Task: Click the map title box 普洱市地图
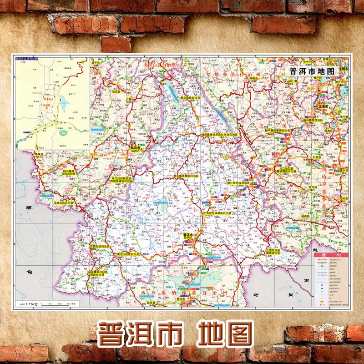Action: [x=312, y=71]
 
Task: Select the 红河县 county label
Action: [x=313, y=187]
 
